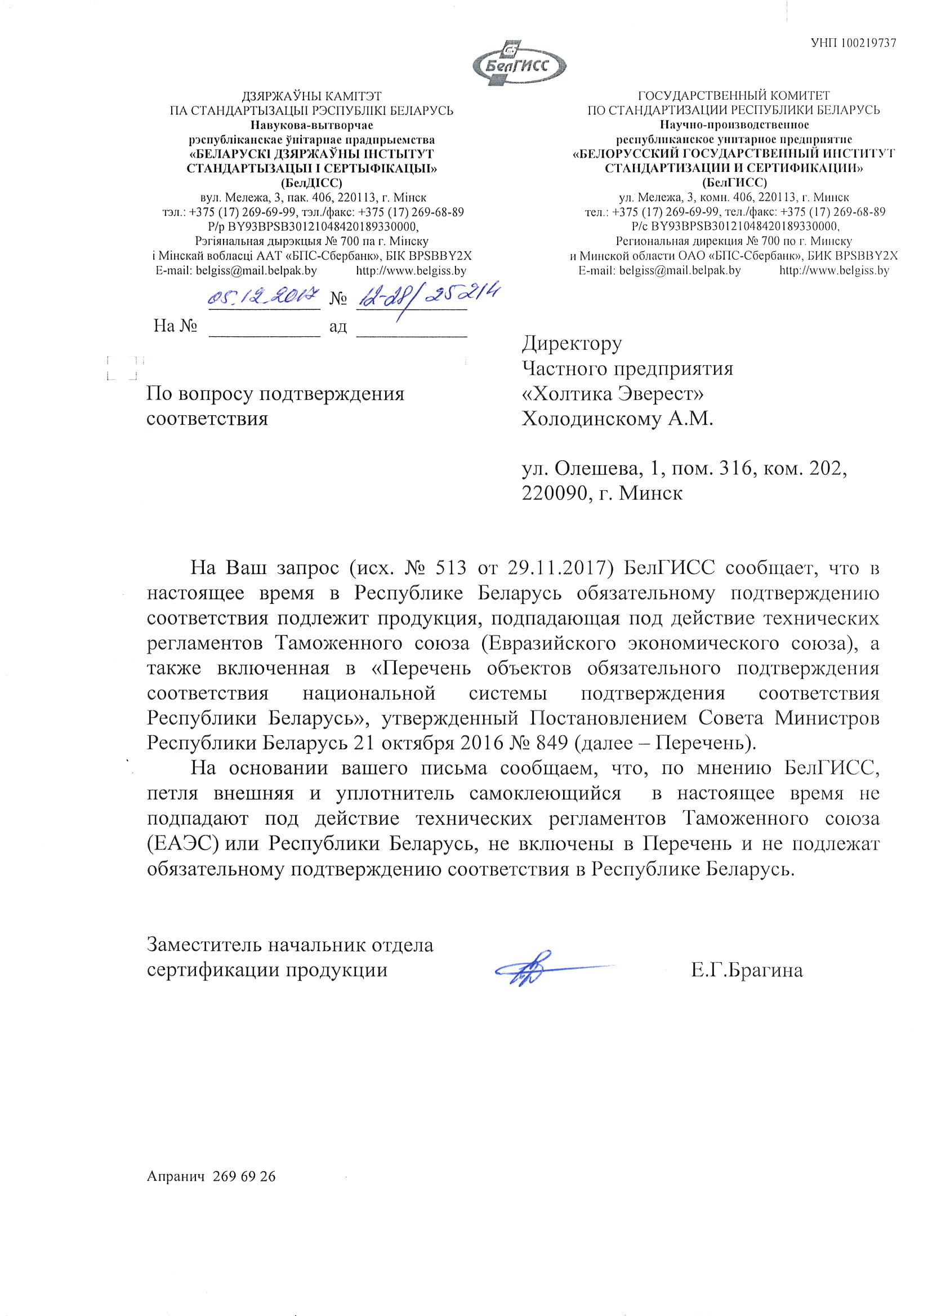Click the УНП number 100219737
pos(853,42)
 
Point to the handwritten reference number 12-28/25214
pos(427,296)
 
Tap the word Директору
pos(572,343)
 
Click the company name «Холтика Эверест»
pos(613,394)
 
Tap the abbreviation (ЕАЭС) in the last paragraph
pos(184,844)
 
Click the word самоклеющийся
pos(545,794)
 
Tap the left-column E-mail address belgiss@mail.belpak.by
pos(256,271)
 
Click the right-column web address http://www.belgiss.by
pos(834,271)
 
